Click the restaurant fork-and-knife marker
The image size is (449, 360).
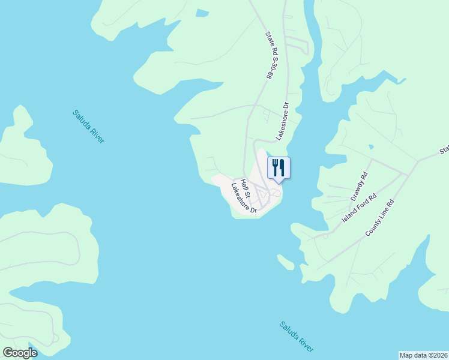[x=279, y=167]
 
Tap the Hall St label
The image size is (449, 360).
[x=244, y=186]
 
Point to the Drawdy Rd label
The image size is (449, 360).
[x=359, y=186]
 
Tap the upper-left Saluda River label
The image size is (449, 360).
[x=88, y=126]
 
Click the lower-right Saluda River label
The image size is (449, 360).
[x=296, y=337]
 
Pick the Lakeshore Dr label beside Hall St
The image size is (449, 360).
[x=244, y=199]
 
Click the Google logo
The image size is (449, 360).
[x=20, y=352]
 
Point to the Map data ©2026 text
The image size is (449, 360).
[x=423, y=355]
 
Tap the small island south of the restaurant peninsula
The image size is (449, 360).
[x=286, y=262]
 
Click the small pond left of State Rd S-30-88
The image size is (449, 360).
[x=202, y=13]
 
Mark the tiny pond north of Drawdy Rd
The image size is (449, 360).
[x=371, y=146]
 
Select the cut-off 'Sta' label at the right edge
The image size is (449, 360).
[x=444, y=149]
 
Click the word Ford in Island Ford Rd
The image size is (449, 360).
[x=360, y=207]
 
